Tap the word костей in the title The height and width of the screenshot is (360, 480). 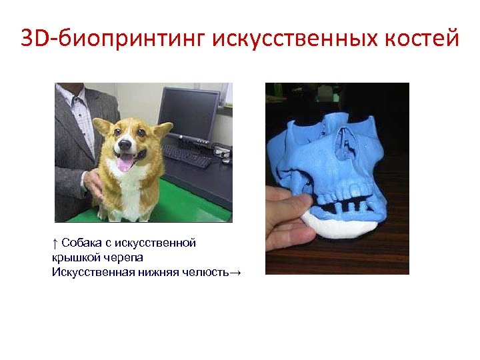coord(421,39)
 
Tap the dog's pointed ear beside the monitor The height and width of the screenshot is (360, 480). coord(162,127)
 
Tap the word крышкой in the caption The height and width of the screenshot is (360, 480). coord(73,257)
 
